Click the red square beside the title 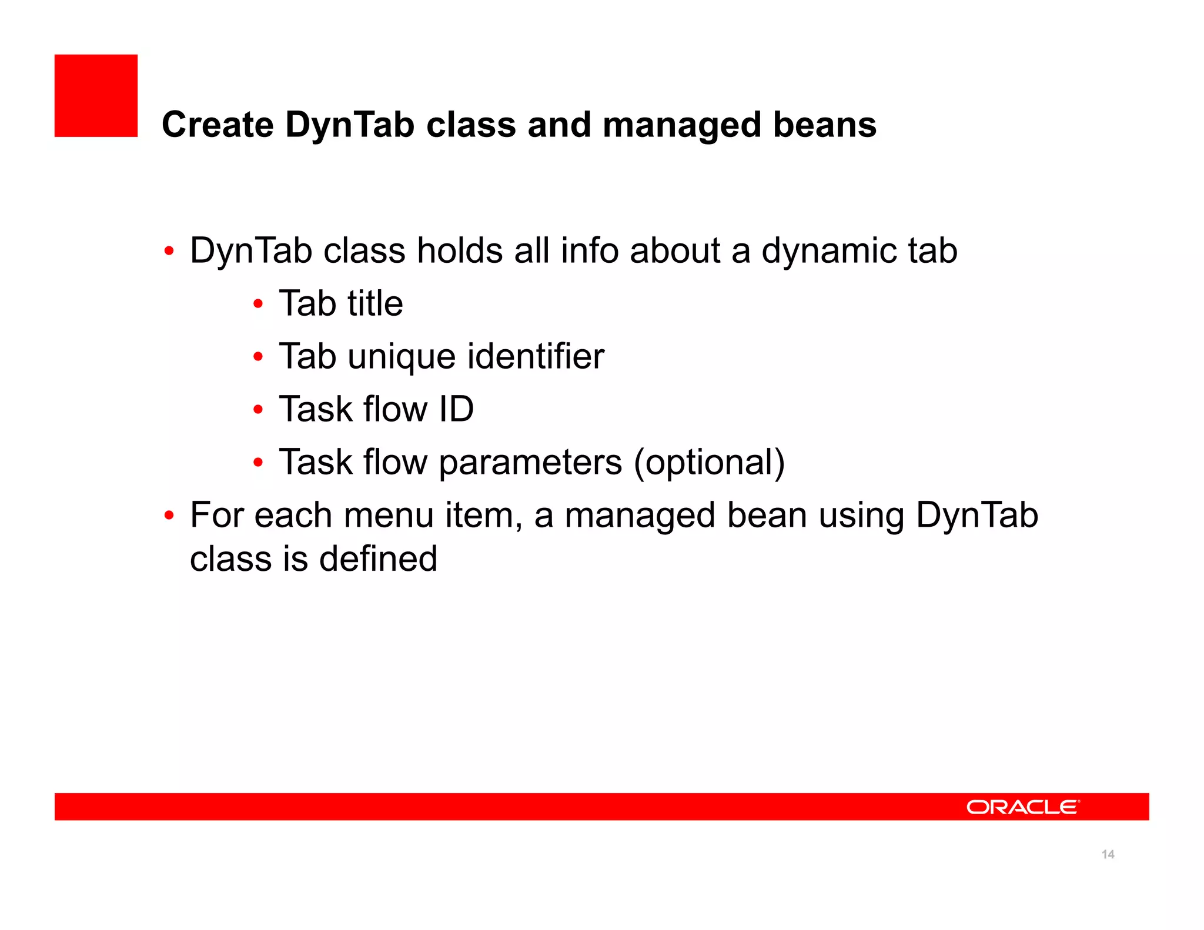click(96, 96)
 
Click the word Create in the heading click(218, 125)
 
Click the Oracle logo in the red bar click(1023, 807)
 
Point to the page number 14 click(1108, 854)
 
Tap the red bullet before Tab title click(257, 304)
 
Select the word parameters click(530, 463)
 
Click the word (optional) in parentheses click(709, 463)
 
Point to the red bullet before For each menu click(169, 516)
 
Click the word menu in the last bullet click(389, 516)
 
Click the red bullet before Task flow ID click(257, 410)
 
